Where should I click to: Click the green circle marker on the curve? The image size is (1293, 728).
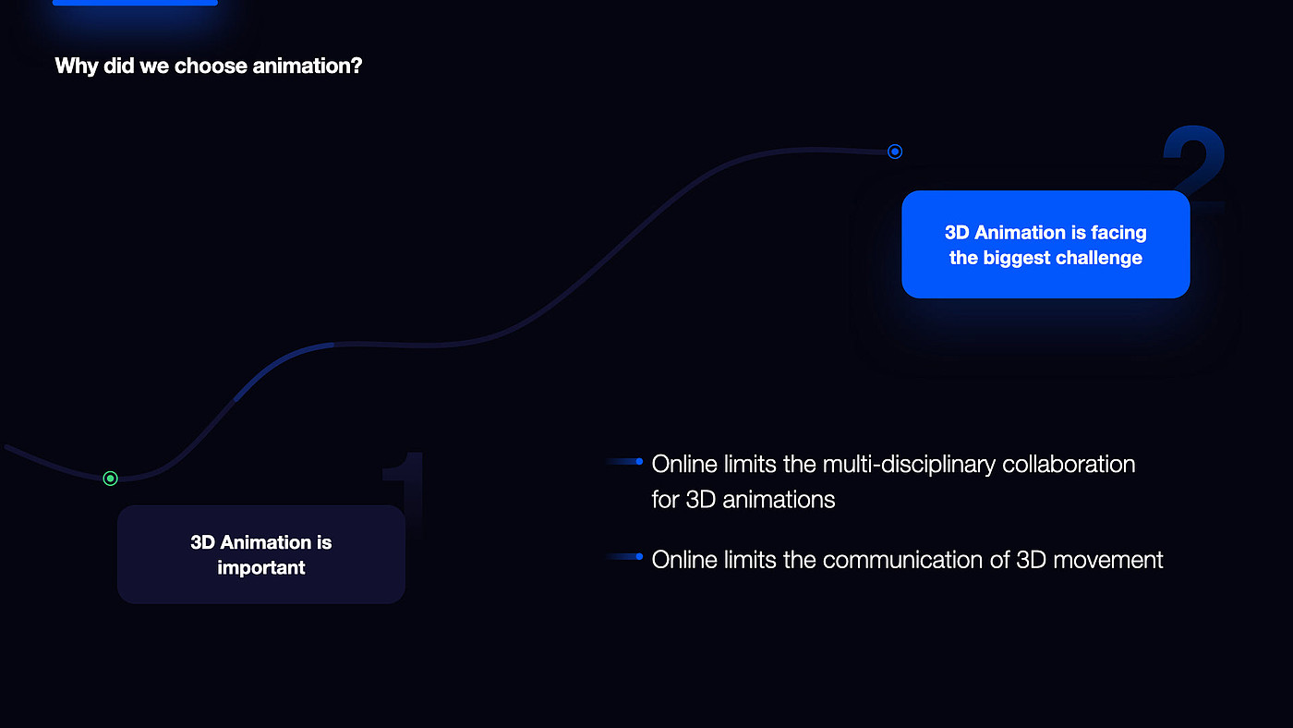[x=110, y=479]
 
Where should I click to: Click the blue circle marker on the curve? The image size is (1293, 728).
[x=895, y=152]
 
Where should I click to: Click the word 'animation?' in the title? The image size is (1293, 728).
[x=307, y=66]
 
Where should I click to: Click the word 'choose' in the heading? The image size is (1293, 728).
[x=211, y=66]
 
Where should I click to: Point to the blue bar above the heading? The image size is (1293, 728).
[x=135, y=2]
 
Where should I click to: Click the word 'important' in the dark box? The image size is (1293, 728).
[x=260, y=568]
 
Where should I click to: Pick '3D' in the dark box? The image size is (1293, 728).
[x=202, y=542]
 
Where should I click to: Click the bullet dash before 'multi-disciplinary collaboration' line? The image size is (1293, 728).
[x=624, y=461]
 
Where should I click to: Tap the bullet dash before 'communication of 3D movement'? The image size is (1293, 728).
[x=624, y=556]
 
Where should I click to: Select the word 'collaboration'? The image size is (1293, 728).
[x=1069, y=465]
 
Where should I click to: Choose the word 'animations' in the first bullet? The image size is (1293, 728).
[x=779, y=500]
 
